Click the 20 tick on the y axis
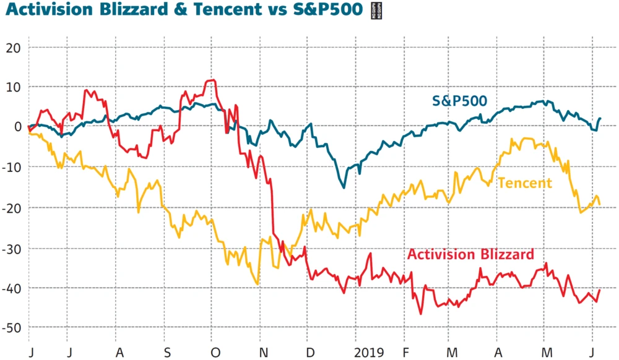14,48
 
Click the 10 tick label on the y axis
14,87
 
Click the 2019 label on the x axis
369,353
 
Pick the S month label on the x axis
168,353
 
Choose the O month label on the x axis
215,353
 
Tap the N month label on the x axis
264,353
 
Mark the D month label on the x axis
311,353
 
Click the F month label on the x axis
405,353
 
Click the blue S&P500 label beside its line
459,101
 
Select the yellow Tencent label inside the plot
524,182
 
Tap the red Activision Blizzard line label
470,254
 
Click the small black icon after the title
374,11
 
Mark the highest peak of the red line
212,80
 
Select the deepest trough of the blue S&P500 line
344,187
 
